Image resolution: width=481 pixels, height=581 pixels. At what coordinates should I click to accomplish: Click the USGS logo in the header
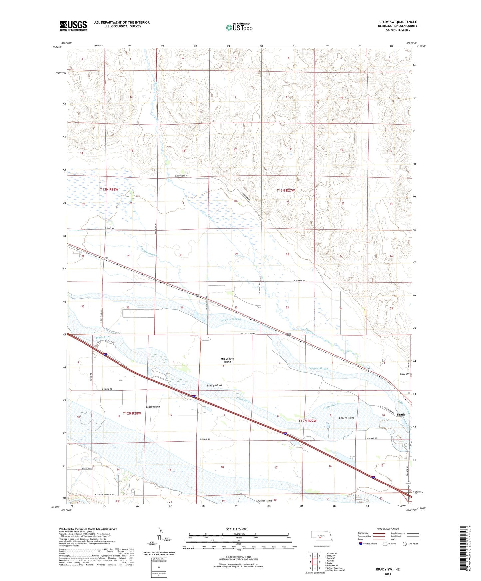(73, 26)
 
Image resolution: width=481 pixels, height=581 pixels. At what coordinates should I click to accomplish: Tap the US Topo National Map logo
(239, 27)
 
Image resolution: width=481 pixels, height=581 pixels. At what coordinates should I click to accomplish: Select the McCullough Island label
(227, 360)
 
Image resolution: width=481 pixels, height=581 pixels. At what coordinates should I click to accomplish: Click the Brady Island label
(153, 407)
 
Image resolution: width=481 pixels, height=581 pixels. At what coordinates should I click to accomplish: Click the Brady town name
(401, 415)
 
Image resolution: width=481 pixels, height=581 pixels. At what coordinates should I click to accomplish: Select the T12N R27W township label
(307, 421)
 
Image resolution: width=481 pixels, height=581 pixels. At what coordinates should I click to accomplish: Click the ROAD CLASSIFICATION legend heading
(387, 529)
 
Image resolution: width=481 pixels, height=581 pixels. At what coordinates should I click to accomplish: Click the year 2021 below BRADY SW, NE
(387, 574)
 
